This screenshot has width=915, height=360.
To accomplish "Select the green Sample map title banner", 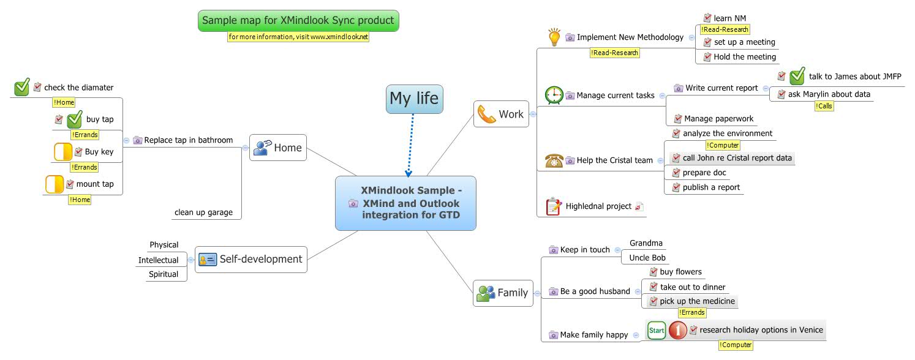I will [x=298, y=21].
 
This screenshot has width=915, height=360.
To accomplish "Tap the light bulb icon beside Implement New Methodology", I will [x=554, y=37].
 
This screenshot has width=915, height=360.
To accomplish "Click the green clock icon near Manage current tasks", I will [x=554, y=96].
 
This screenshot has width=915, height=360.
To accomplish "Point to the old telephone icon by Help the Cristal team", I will [x=554, y=160].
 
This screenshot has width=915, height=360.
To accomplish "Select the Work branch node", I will [x=501, y=114].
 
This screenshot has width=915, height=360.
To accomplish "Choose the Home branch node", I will [x=278, y=148].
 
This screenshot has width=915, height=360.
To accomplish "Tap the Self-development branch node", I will [x=251, y=259].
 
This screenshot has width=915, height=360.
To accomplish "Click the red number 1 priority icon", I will [x=677, y=331].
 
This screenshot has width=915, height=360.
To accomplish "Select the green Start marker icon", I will [x=657, y=331].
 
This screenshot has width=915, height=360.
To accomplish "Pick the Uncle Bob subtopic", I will [x=647, y=258].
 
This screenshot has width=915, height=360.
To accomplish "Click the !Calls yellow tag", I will [x=824, y=107].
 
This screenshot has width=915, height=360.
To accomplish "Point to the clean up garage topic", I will [x=203, y=212].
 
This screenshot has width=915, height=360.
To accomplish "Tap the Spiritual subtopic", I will [x=164, y=274].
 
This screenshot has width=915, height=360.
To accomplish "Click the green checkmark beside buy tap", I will [x=74, y=119].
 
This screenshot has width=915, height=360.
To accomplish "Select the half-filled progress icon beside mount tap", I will [x=55, y=184].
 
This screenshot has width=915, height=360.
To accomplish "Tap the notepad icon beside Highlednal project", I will [x=553, y=206].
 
